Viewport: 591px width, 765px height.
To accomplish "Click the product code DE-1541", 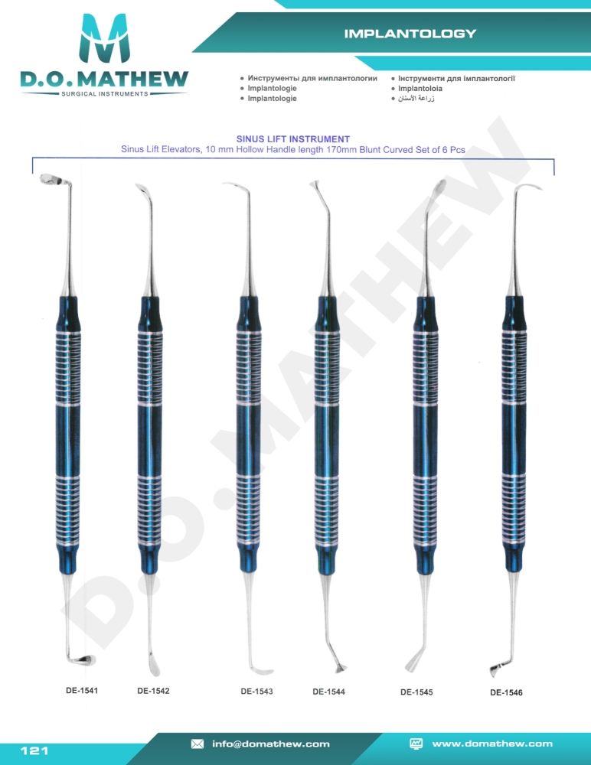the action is coord(82,690).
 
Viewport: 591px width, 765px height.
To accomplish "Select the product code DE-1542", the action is coord(153,691).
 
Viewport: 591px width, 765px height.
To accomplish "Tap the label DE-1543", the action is coord(256,692).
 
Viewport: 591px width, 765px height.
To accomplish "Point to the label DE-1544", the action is coord(328,692).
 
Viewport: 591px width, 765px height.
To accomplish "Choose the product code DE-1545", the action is coord(416,692).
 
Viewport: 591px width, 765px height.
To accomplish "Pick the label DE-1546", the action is coord(506,693).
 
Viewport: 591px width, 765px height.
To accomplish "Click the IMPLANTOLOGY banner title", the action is coord(410,34).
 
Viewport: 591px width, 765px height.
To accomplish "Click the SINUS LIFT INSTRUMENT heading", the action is coord(293,139).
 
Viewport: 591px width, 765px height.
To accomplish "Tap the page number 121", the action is coord(34,750).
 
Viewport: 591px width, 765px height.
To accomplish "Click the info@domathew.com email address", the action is coord(270,744).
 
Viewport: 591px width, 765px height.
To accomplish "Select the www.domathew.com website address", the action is coord(492,744).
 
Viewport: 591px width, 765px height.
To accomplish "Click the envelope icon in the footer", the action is coord(198,744).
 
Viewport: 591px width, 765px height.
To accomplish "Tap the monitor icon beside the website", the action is coord(416,744).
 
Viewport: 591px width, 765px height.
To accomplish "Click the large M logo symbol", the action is coord(105,38).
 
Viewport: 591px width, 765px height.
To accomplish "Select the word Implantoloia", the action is coord(420,88).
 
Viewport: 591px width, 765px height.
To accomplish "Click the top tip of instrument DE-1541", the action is coord(42,178).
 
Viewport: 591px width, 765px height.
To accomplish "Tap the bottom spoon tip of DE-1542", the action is coord(153,670).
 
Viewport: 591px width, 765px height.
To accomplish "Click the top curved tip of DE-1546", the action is coord(541,189).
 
